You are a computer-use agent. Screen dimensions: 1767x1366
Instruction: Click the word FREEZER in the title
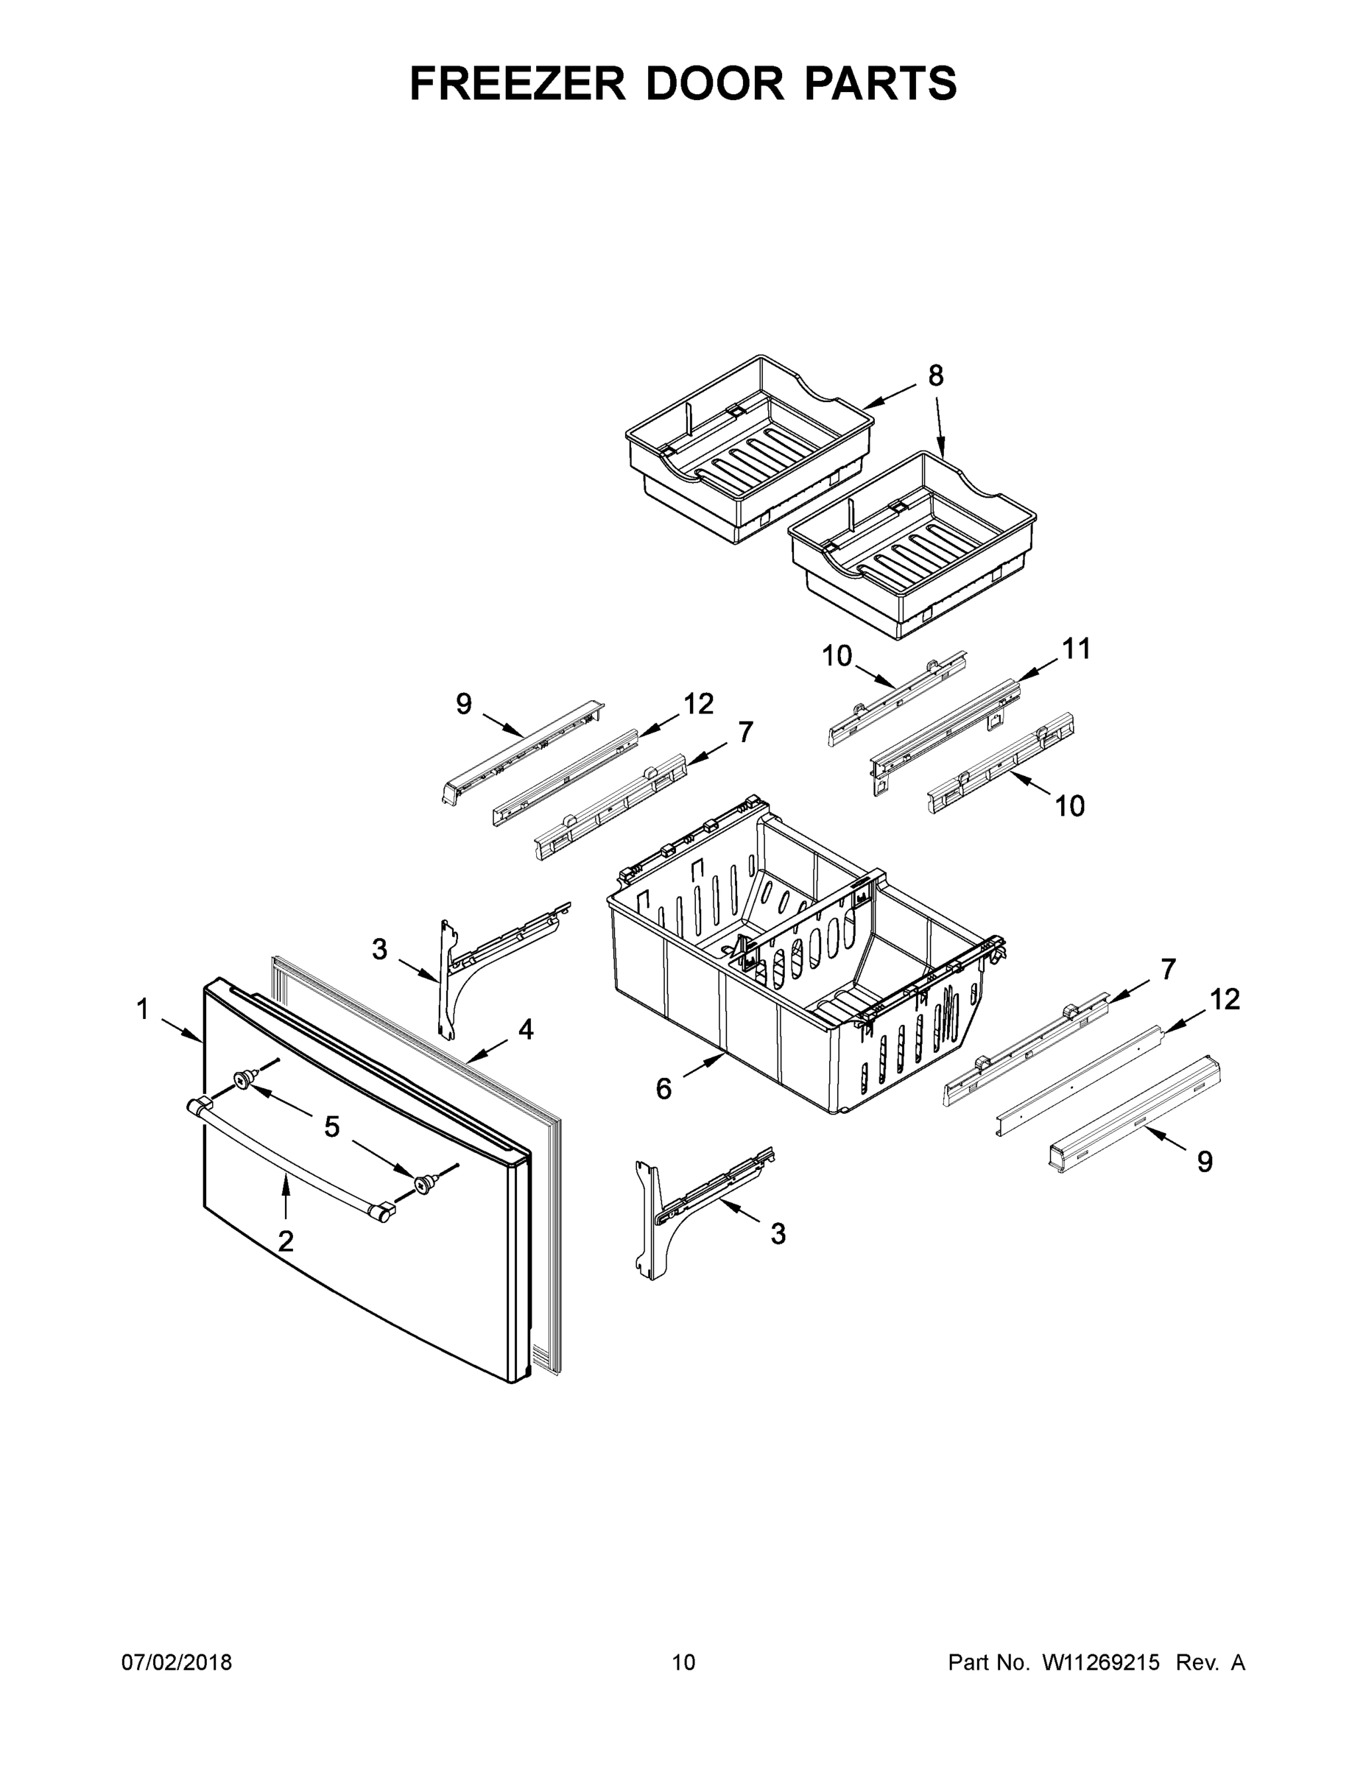coord(517,83)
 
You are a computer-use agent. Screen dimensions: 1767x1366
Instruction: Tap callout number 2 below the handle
coord(286,1241)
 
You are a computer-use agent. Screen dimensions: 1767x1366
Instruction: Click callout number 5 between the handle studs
coord(332,1127)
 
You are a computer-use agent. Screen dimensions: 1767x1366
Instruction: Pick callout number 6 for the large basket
coord(663,1089)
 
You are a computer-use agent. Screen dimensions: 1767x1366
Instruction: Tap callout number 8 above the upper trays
coord(935,375)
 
